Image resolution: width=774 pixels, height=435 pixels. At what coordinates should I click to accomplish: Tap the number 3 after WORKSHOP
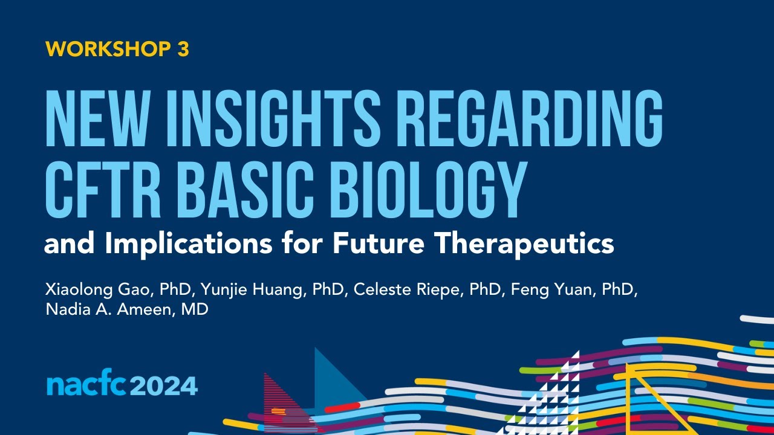point(183,50)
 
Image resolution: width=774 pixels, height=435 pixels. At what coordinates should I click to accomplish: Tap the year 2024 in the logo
point(163,385)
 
